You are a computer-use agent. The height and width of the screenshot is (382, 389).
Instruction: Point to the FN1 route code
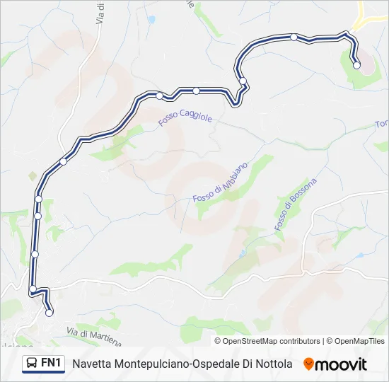(x=51, y=363)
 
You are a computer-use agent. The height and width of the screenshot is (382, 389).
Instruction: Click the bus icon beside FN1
(x=32, y=364)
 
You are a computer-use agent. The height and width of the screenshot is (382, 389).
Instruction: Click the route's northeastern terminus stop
(x=356, y=65)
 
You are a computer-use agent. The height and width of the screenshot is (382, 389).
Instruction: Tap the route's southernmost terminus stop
(x=49, y=313)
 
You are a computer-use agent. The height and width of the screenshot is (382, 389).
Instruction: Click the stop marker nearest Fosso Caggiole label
(x=160, y=95)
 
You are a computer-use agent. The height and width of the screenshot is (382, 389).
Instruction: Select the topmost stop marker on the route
(x=294, y=37)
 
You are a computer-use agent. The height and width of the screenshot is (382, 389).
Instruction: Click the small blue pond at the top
(x=151, y=21)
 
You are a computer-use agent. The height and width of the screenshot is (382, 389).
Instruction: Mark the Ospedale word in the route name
(x=216, y=364)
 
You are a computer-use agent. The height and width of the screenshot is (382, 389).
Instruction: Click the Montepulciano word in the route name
(x=153, y=364)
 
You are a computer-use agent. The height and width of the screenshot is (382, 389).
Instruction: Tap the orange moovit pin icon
(x=308, y=364)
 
